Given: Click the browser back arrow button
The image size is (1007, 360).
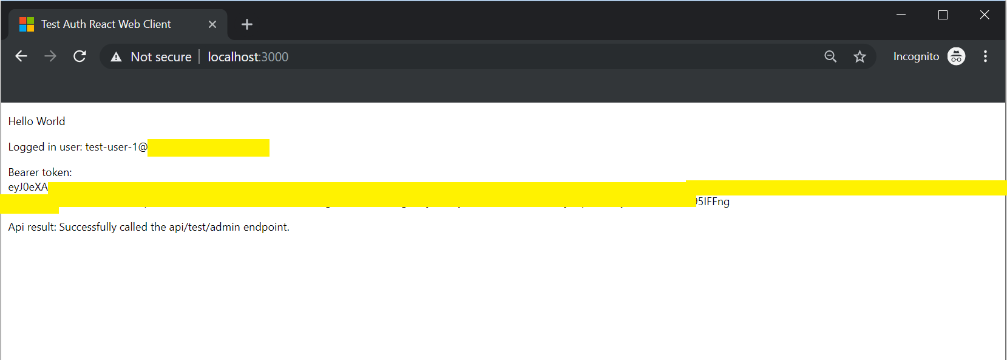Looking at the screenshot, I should pos(21,56).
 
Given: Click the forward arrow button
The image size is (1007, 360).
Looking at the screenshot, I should pos(50,56).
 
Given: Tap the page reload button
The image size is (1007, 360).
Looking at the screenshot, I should pos(80,56).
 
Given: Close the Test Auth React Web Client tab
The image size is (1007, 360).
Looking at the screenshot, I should pos(212,24).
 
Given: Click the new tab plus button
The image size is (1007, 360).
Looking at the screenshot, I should pos(246,24).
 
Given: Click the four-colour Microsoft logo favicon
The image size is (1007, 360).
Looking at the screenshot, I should pos(27,24).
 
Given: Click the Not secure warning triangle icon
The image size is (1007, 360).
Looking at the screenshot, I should pos(116,57).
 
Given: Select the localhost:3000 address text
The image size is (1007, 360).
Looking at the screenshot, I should pos(248,57).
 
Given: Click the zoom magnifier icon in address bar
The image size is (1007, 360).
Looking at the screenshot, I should pos(830,56).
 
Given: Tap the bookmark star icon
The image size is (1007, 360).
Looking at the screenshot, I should pos(860,56).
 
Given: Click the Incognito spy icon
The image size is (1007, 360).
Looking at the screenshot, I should pos(956,56).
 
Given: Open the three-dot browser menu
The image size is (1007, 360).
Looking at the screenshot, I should pos(985,56).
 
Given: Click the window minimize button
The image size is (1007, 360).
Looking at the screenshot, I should pos(901,15).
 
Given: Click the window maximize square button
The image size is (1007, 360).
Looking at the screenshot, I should pos(943,15).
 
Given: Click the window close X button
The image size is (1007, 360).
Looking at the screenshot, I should pos(985,15).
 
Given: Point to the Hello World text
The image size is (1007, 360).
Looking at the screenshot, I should pos(36,121).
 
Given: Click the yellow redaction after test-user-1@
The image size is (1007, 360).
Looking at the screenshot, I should pos(208,148).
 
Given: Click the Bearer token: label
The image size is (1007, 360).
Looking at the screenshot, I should pos(40,172).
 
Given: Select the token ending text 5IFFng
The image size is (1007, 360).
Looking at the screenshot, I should pos(714,202).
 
